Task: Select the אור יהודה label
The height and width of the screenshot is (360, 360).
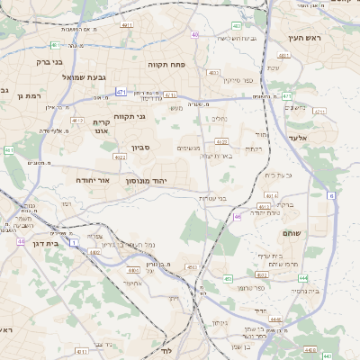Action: click(x=90, y=180)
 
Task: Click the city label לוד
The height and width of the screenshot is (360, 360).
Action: click(x=165, y=348)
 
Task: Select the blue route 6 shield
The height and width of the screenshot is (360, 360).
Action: click(x=330, y=194)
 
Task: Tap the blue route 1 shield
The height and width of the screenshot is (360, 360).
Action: click(x=74, y=243)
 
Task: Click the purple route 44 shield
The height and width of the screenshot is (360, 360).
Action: click(x=20, y=241)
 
